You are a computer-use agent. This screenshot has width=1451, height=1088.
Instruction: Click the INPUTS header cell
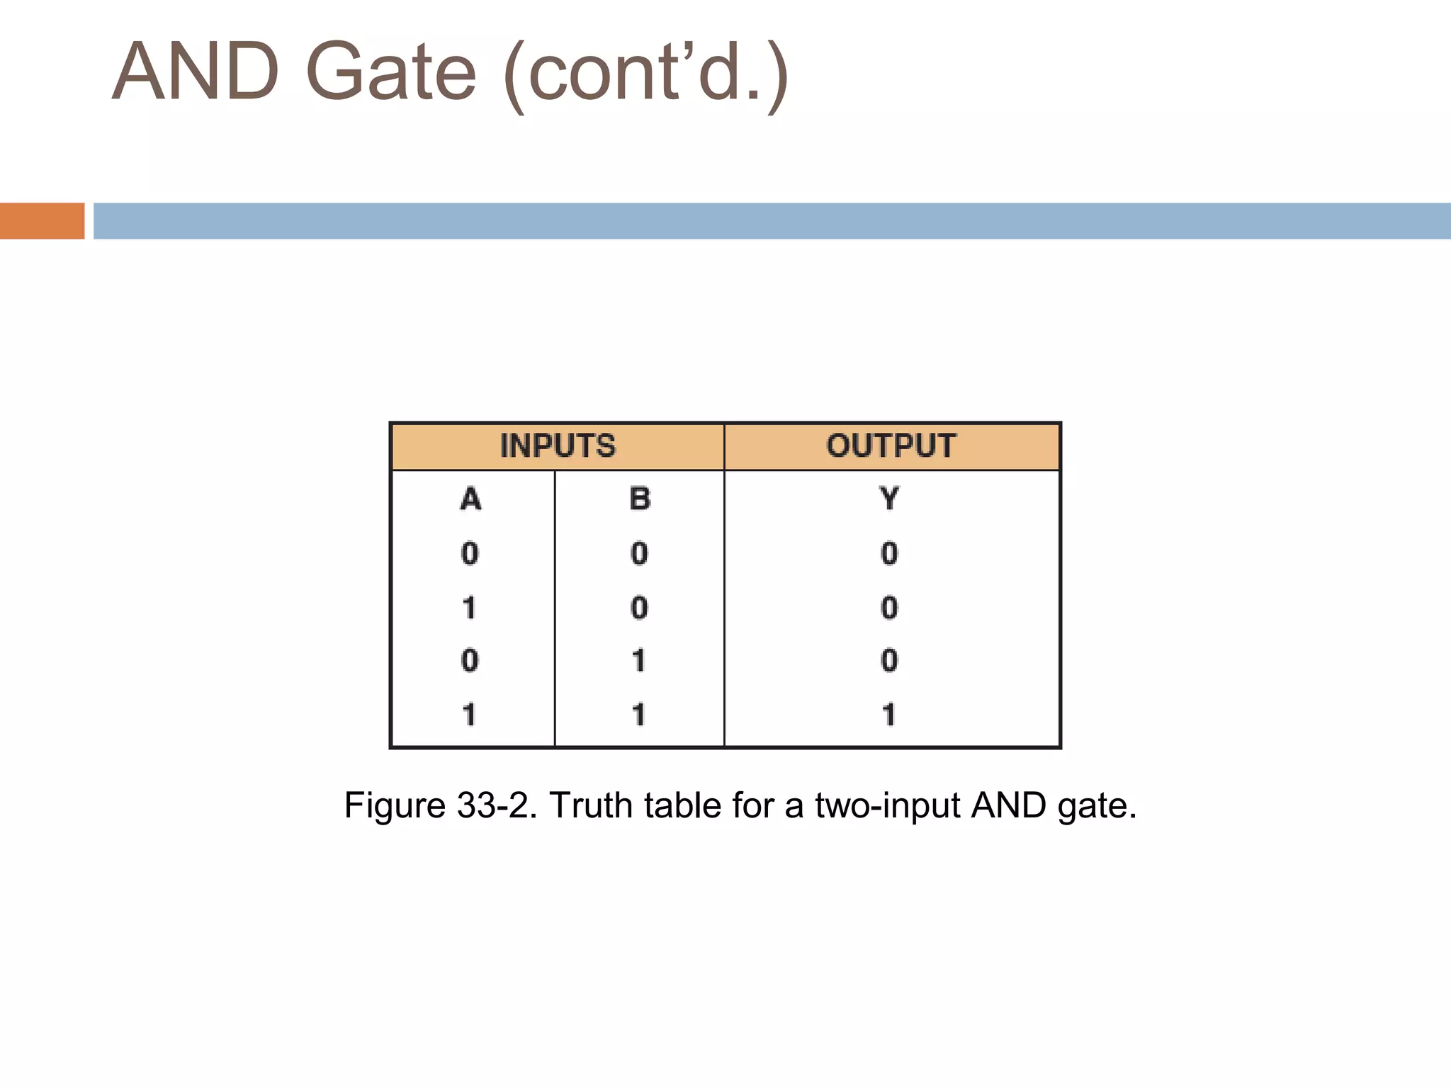coord(558,446)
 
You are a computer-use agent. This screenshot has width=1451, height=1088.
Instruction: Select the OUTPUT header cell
coord(891,446)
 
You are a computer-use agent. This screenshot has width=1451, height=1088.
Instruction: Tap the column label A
coord(470,499)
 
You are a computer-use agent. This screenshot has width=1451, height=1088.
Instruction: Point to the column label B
coord(640,499)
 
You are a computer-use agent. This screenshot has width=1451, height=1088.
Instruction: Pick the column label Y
coord(890,499)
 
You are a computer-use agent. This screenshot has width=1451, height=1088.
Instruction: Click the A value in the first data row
coord(470,553)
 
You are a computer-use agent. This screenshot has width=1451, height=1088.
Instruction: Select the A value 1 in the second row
coord(469,608)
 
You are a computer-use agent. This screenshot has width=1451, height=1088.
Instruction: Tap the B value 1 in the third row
coord(638,661)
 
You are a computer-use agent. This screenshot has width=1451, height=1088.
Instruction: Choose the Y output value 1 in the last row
coord(889,714)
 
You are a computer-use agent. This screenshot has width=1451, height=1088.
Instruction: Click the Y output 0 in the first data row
coord(889,553)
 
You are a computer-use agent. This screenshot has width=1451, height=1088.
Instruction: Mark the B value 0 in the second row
coord(639,608)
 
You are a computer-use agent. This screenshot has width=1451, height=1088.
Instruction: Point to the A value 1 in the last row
coord(469,714)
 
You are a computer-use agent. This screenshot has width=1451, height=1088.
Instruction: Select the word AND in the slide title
coord(196,72)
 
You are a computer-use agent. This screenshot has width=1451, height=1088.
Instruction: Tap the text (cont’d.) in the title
coord(645,74)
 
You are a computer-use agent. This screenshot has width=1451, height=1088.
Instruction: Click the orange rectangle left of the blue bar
coord(42,221)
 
